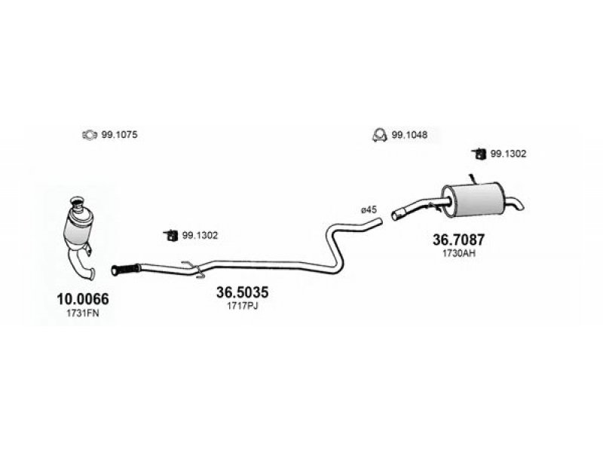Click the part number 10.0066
click(83, 298)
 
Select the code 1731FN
click(83, 313)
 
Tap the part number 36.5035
click(242, 292)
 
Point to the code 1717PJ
click(242, 306)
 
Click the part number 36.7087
click(459, 240)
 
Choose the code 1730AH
click(459, 253)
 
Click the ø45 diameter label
click(369, 210)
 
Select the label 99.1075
click(119, 135)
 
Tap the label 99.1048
click(409, 135)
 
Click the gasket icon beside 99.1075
click(89, 135)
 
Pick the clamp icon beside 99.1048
click(379, 135)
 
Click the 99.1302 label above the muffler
click(508, 154)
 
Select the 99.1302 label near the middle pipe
click(200, 235)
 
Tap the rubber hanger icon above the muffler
click(479, 154)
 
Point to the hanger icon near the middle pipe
click(170, 235)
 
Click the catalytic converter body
click(79, 227)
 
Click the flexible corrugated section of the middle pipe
click(126, 269)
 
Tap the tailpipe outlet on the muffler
click(514, 203)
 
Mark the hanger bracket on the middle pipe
click(194, 269)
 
